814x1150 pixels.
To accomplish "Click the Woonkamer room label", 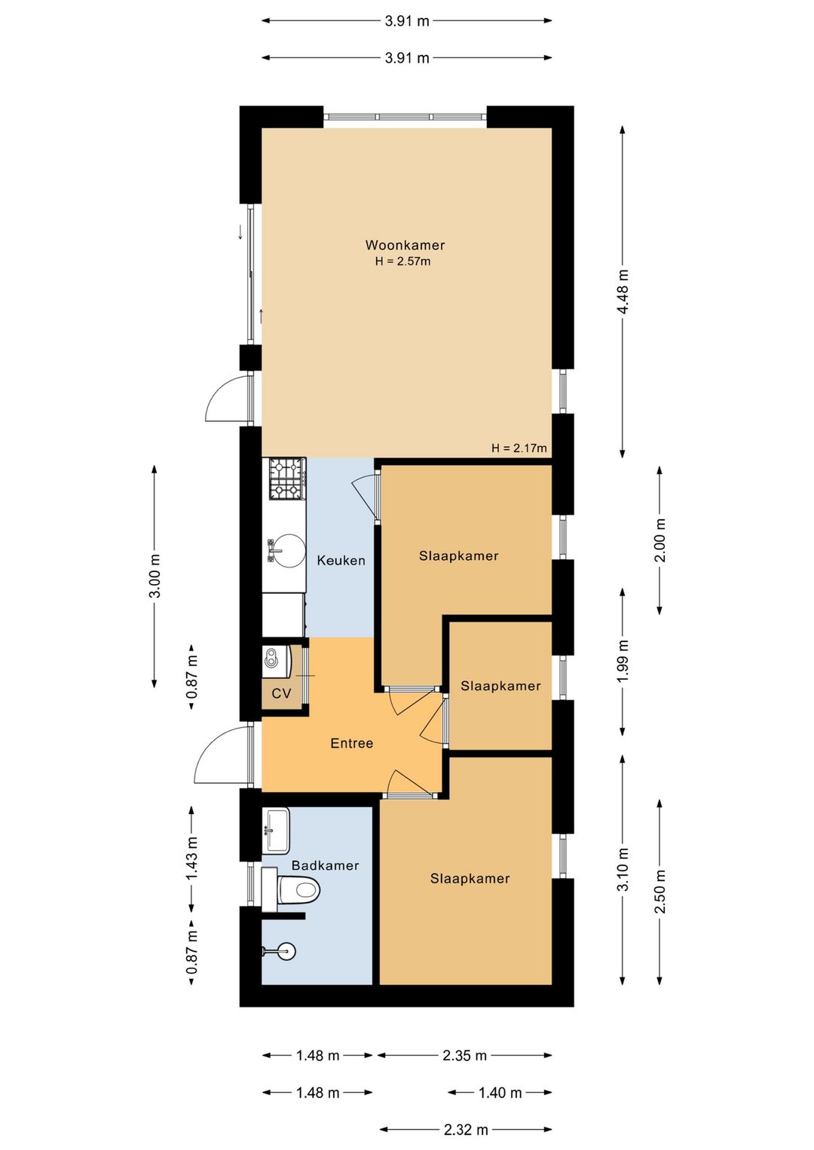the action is pyautogui.click(x=405, y=245).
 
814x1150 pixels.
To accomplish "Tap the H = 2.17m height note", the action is pyautogui.click(x=519, y=448).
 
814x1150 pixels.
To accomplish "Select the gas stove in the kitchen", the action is pyautogui.click(x=287, y=479).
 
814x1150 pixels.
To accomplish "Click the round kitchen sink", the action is pyautogui.click(x=286, y=551).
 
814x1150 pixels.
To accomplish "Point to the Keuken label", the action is pyautogui.click(x=341, y=560).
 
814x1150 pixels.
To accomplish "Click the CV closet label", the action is pyautogui.click(x=281, y=693).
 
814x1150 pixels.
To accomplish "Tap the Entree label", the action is pyautogui.click(x=351, y=743).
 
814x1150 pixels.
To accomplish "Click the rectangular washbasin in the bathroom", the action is pyautogui.click(x=276, y=830).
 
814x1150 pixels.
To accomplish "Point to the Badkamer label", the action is pyautogui.click(x=325, y=865).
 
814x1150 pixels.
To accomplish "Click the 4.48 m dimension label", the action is pyautogui.click(x=623, y=291).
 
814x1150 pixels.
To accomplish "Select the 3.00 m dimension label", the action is pyautogui.click(x=155, y=576).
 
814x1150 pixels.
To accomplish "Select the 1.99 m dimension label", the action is pyautogui.click(x=623, y=661).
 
